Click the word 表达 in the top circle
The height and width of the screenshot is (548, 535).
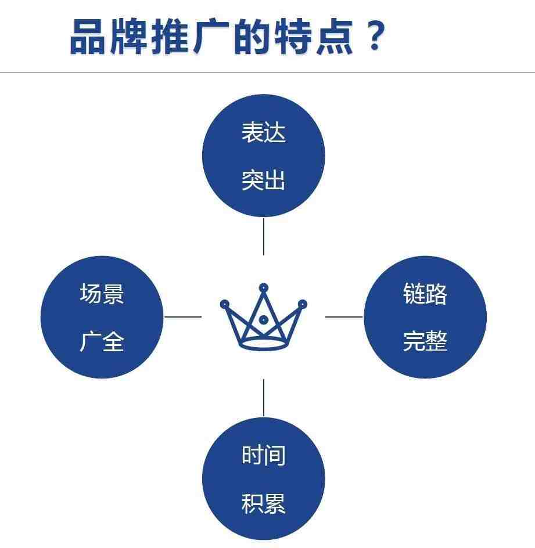click(264, 132)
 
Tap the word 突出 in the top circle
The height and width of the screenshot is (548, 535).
click(264, 180)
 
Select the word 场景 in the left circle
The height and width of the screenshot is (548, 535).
click(102, 294)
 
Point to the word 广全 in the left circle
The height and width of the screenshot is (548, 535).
click(102, 341)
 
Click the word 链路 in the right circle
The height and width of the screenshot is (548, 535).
click(425, 294)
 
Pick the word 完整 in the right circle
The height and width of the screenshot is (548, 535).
click(425, 341)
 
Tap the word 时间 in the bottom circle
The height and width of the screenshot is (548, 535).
click(264, 455)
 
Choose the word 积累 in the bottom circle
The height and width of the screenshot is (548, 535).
click(264, 503)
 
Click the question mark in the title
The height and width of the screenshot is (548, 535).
click(375, 35)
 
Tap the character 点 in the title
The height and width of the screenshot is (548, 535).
click(334, 37)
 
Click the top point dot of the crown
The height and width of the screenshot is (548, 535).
click(264, 288)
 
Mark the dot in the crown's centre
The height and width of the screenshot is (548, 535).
click(264, 319)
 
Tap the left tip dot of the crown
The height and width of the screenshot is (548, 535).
click(224, 304)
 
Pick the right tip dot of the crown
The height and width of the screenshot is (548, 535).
click(303, 304)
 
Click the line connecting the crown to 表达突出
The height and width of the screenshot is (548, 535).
click(264, 237)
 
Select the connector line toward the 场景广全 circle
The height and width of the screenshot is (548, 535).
click(183, 317)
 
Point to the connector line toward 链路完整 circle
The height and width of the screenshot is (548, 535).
click(344, 317)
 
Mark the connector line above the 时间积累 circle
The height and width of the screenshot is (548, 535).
click(264, 398)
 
